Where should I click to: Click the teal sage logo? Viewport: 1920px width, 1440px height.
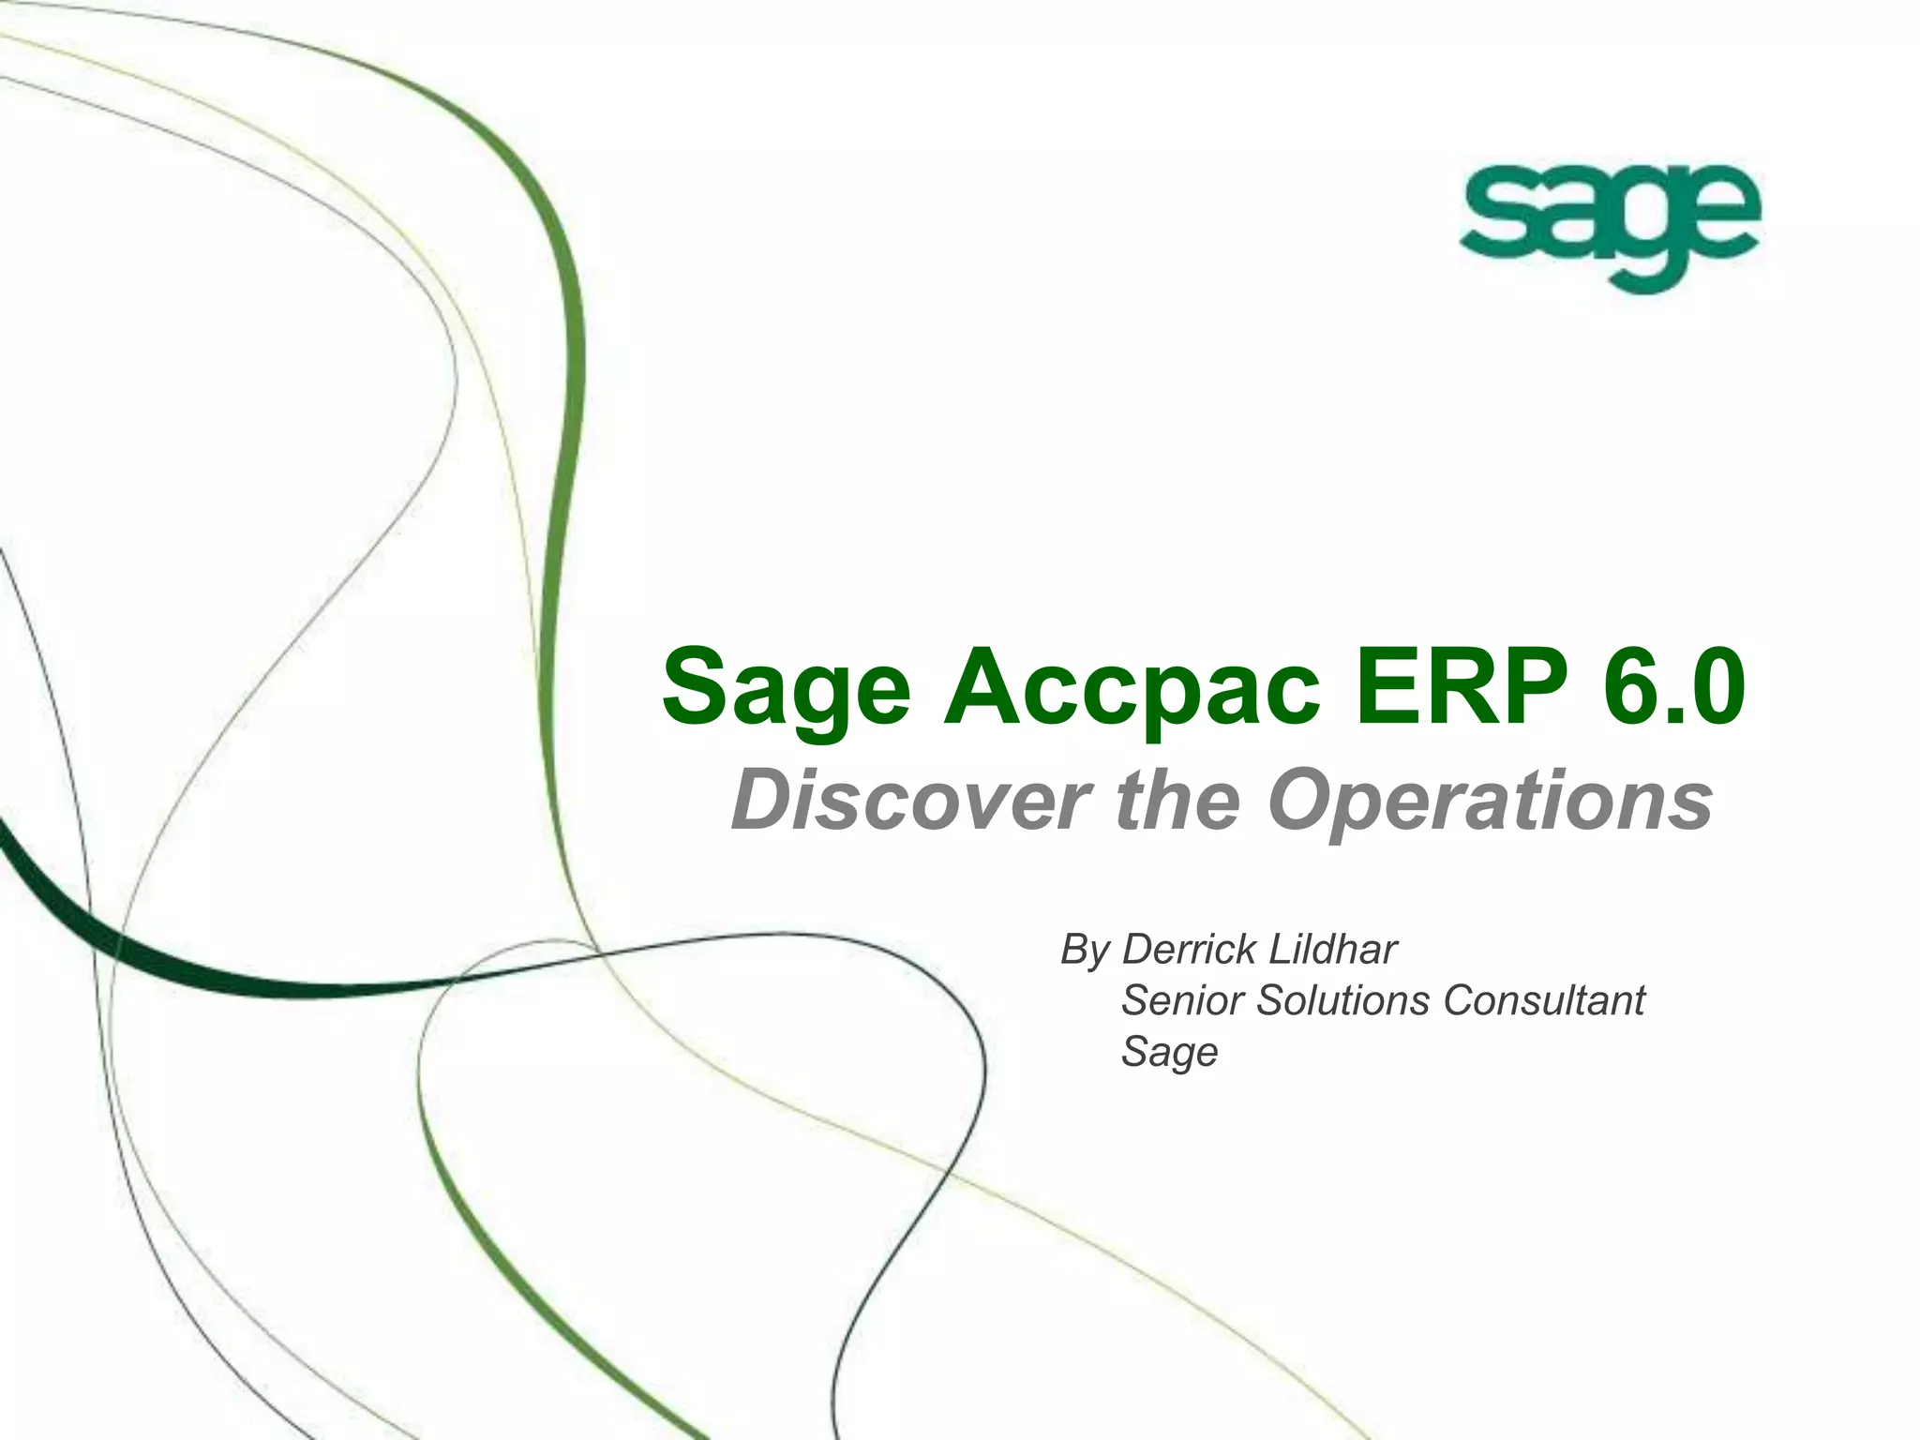[x=1609, y=225]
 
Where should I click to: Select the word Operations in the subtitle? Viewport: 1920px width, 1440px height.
[x=1491, y=802]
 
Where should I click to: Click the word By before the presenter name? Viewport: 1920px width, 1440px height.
[x=1085, y=951]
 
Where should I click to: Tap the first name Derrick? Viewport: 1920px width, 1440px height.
[x=1189, y=949]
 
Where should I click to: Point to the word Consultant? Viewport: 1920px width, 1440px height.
[x=1543, y=999]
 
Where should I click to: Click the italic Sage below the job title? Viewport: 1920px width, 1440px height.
[x=1169, y=1052]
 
